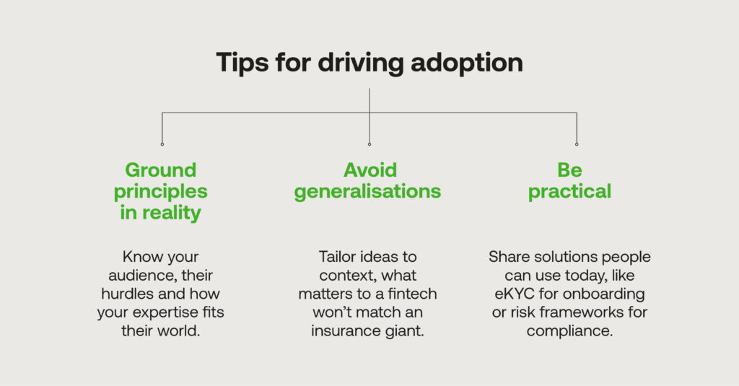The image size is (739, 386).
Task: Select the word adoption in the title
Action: point(467,63)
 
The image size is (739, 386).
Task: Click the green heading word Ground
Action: point(161,170)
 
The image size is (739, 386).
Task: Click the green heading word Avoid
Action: point(369,170)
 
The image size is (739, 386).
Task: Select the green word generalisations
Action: point(369,192)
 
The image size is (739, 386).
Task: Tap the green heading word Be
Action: point(569,170)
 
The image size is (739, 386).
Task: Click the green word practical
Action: point(569,192)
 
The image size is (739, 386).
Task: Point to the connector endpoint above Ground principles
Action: point(162,144)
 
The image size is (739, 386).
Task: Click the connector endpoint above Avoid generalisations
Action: point(369,144)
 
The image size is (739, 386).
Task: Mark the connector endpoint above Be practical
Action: point(577,144)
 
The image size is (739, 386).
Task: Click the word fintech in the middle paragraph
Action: point(414,294)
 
